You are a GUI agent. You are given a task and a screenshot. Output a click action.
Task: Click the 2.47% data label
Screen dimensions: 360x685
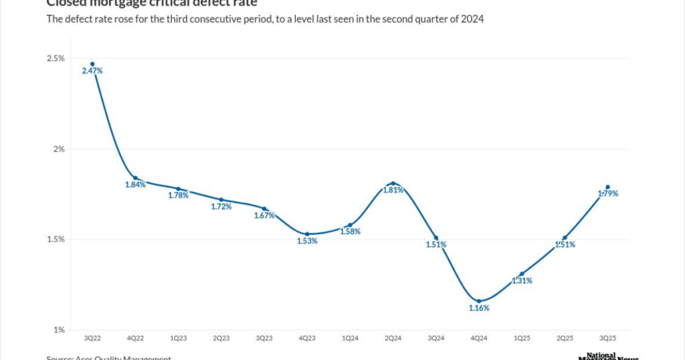click(x=92, y=70)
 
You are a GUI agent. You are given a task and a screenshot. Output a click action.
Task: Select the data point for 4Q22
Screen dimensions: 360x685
click(x=135, y=178)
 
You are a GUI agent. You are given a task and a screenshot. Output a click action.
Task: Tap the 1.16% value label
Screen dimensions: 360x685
click(x=478, y=308)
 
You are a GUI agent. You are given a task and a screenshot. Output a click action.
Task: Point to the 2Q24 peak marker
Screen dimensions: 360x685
click(x=393, y=183)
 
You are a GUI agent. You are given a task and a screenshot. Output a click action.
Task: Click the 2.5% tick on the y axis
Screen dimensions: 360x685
click(x=56, y=59)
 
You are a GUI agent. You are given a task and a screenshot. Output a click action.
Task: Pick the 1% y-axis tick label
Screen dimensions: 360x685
click(x=59, y=330)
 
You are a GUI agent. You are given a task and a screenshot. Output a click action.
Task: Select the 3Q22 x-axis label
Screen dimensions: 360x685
click(x=92, y=339)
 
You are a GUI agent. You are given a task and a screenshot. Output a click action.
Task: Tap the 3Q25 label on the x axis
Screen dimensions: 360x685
click(x=607, y=339)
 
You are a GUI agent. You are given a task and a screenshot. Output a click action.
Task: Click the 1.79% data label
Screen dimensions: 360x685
click(x=607, y=193)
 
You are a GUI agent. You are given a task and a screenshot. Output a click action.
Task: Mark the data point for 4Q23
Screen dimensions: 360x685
click(x=307, y=234)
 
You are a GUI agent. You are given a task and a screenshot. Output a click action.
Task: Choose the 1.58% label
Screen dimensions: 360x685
click(x=350, y=232)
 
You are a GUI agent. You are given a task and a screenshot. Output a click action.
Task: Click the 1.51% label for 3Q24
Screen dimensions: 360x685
click(x=436, y=244)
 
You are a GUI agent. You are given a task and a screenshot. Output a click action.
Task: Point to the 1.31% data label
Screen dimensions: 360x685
click(x=522, y=280)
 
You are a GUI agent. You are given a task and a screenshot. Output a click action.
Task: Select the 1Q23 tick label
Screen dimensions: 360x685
click(x=178, y=339)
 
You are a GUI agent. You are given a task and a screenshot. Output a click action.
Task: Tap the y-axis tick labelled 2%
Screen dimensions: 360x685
click(x=59, y=149)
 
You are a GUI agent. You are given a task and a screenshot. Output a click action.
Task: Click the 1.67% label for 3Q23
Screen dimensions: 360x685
click(x=264, y=215)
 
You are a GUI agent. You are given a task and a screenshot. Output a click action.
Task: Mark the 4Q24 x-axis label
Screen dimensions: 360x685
click(x=478, y=339)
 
